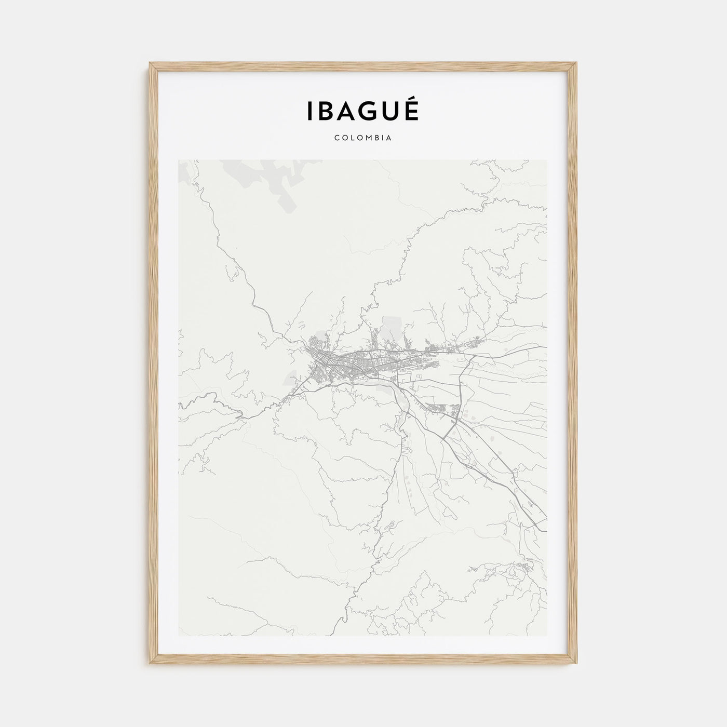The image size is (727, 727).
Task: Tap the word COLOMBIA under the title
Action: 363,138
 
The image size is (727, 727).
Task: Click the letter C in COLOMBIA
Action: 337,138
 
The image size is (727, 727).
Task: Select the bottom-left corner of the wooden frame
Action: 151,665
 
